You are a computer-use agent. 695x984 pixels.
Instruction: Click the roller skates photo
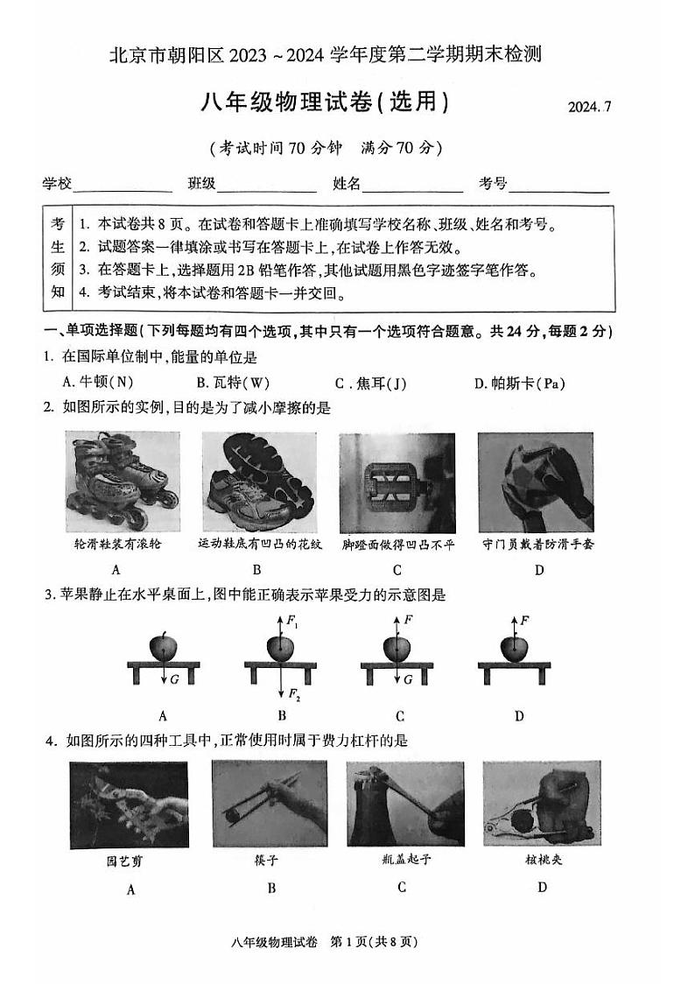pos(117,482)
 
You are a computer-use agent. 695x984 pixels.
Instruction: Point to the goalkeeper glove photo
pos(536,482)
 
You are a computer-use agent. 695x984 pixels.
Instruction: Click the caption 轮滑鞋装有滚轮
pos(118,544)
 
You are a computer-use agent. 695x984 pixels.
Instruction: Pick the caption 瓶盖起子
pos(401,859)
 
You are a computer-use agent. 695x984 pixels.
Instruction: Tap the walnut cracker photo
pos(541,803)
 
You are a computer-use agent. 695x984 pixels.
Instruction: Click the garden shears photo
pos(130,803)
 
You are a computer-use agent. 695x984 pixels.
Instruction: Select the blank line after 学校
pos(123,185)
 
